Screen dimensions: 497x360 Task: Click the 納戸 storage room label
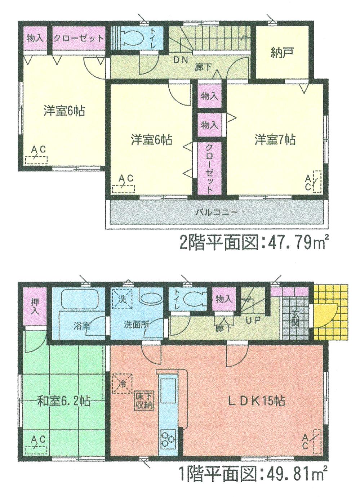282,53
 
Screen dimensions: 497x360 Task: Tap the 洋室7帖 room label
275,139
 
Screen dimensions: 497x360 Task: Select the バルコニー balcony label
217,212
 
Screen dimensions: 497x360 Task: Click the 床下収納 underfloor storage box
145,400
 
